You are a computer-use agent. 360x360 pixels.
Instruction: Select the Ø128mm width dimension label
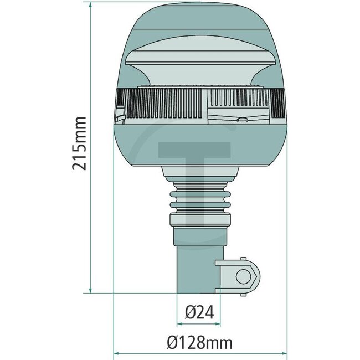tap(199, 343)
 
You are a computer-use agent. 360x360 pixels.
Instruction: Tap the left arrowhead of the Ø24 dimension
tap(180, 323)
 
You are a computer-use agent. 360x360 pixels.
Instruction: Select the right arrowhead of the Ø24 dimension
tap(218, 323)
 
